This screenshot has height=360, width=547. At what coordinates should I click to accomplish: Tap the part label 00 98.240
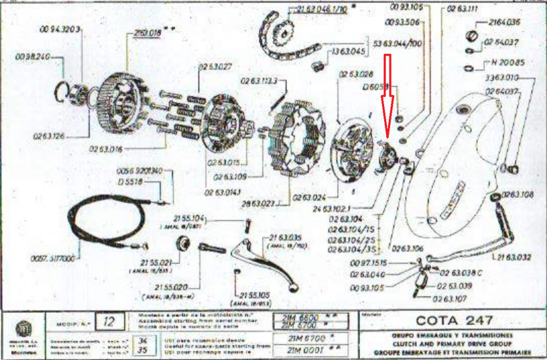coord(33,57)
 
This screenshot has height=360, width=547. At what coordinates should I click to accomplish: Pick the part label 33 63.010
coord(502,78)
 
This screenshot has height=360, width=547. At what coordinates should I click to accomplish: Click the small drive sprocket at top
coord(281,33)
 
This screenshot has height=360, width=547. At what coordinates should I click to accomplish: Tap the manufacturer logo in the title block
coord(22,326)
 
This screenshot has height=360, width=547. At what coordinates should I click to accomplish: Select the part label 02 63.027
coord(215,67)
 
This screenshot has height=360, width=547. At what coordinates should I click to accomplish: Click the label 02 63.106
coord(407,248)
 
